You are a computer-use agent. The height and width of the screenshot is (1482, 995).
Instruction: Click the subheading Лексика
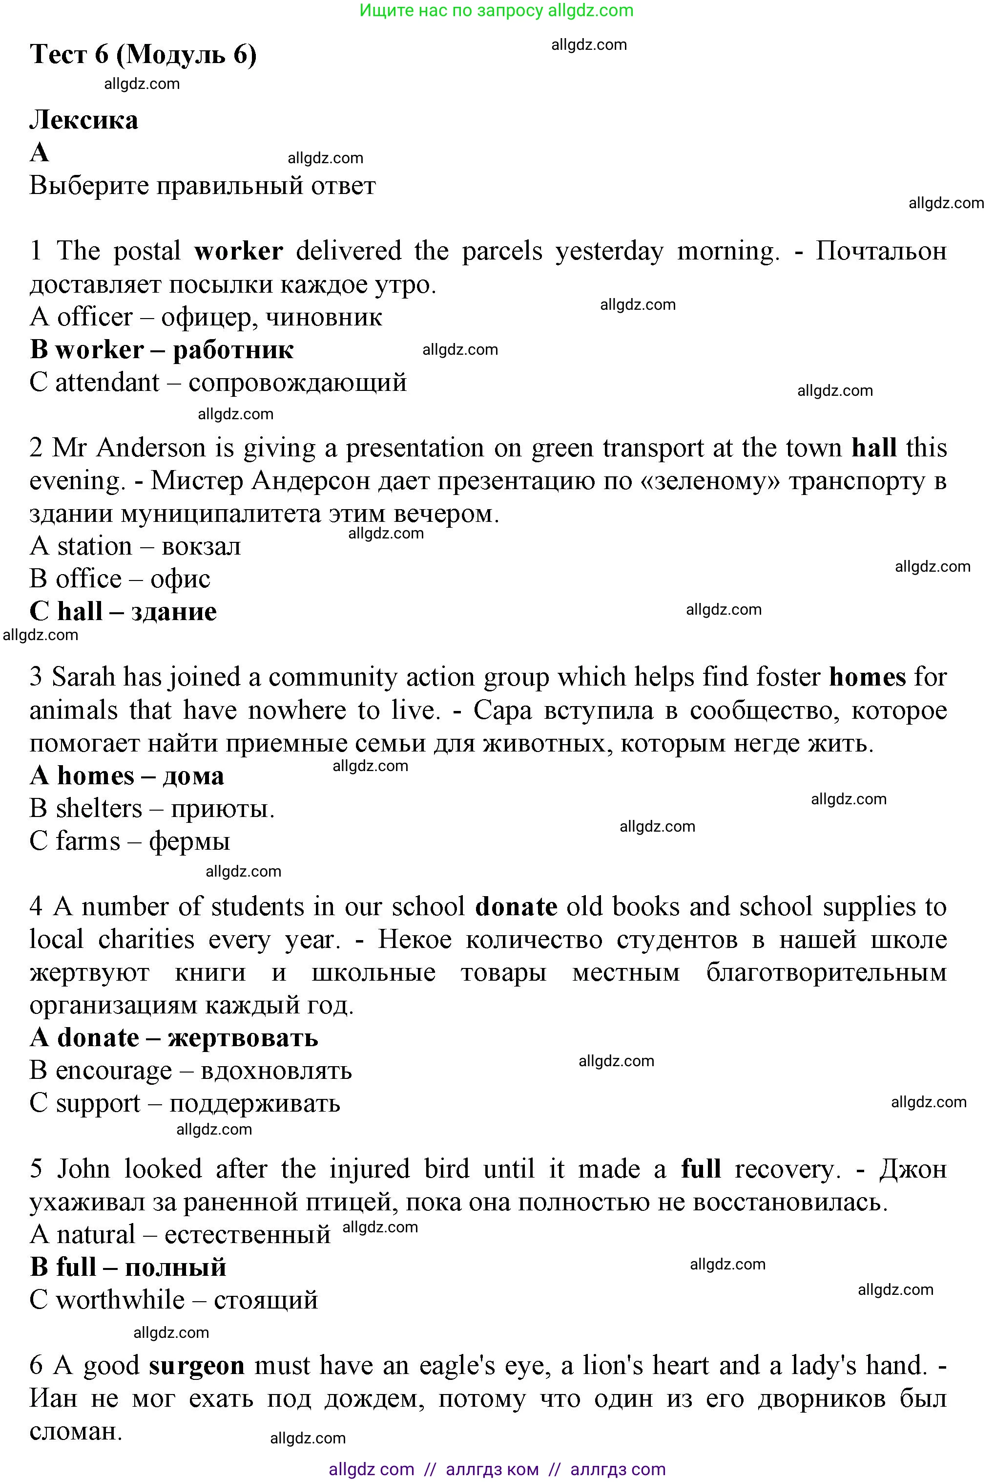[x=84, y=120]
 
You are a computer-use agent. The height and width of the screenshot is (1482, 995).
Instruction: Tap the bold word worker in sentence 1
[x=239, y=252]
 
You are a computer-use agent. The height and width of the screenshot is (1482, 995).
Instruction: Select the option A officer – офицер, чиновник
[x=206, y=317]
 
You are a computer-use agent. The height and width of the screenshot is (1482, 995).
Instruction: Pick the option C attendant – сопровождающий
[x=218, y=382]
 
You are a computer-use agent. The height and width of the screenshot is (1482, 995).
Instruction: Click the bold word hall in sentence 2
[x=874, y=448]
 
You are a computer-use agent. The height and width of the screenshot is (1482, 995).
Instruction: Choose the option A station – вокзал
[x=135, y=546]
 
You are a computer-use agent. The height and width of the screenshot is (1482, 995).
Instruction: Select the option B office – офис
[x=120, y=579]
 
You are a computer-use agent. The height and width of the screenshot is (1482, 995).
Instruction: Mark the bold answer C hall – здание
[x=123, y=611]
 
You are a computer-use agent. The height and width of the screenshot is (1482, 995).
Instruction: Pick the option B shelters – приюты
[x=152, y=808]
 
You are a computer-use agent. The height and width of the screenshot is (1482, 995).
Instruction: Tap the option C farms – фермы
[x=129, y=841]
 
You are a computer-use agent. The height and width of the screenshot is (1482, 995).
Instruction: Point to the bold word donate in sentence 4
[x=516, y=907]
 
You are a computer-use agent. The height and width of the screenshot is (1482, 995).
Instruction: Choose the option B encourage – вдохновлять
[x=190, y=1071]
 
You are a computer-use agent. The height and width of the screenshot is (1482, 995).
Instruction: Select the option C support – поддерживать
[x=185, y=1104]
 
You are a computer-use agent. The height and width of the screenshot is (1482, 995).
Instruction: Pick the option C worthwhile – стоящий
[x=173, y=1300]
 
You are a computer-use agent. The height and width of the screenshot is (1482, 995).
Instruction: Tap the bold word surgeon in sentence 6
[x=197, y=1366]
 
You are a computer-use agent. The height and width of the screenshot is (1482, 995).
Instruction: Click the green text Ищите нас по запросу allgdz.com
[x=496, y=10]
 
